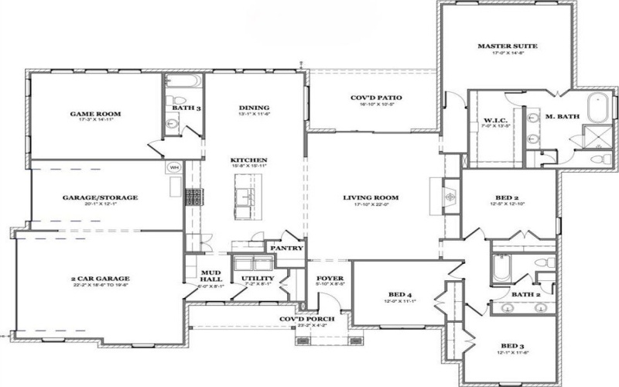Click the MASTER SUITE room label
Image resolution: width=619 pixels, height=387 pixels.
click(507, 46)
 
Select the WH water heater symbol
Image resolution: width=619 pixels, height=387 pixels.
click(173, 167)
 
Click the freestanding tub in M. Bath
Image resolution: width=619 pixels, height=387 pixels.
click(597, 108)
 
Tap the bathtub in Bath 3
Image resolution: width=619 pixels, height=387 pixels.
click(183, 80)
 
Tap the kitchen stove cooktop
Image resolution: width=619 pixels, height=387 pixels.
click(195, 196)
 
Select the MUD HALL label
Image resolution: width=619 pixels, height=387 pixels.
click(211, 276)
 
